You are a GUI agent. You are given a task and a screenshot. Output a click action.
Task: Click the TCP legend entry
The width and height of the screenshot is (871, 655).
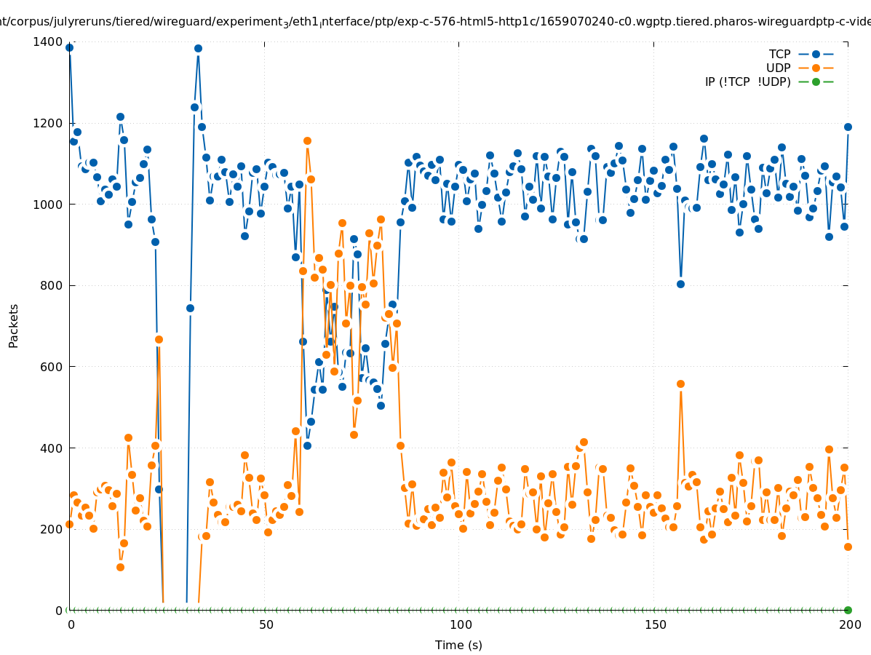(x=780, y=54)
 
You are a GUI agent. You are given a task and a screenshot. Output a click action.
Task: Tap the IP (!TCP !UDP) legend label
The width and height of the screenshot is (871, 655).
(x=747, y=82)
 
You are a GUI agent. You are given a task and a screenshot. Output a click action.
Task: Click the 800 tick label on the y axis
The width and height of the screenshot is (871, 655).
(x=52, y=285)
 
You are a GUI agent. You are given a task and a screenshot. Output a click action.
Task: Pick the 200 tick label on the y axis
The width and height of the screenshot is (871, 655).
(x=52, y=529)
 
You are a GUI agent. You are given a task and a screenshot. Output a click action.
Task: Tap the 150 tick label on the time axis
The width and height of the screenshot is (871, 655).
(x=654, y=624)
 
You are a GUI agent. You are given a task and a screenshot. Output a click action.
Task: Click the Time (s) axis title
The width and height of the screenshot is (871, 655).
(x=458, y=645)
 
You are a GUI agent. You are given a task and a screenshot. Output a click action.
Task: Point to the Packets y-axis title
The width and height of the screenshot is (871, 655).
(x=14, y=325)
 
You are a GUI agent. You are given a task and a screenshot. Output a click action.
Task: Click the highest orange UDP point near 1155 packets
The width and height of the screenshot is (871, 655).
(x=307, y=140)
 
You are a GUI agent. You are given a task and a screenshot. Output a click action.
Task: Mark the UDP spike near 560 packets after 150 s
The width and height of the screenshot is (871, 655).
(x=680, y=384)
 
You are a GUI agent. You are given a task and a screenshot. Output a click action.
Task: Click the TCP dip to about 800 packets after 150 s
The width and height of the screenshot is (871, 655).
(x=680, y=284)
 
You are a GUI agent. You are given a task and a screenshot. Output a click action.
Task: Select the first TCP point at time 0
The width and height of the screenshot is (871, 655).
(x=69, y=48)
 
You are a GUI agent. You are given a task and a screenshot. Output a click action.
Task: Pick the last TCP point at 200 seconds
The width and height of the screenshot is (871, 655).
(x=848, y=127)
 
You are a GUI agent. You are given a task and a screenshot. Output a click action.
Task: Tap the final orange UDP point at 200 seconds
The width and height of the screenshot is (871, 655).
(x=848, y=547)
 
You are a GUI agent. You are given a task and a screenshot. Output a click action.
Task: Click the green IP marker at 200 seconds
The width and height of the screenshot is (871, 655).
(x=848, y=610)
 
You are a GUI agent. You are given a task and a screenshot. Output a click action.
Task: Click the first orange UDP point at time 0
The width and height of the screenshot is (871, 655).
(x=69, y=524)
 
